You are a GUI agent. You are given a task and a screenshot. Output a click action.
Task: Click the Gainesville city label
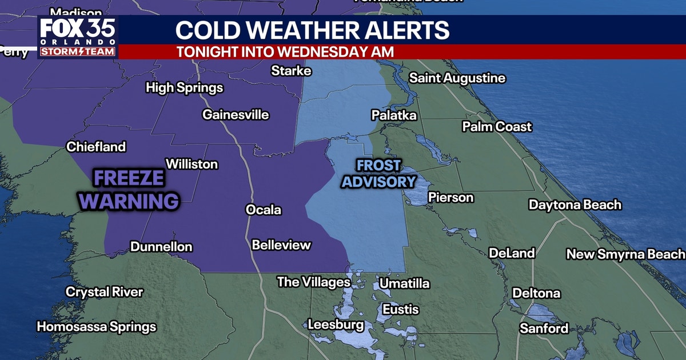(236, 115)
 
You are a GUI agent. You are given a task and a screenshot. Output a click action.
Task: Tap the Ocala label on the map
(264, 210)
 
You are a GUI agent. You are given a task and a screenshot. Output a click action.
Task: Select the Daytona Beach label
(575, 205)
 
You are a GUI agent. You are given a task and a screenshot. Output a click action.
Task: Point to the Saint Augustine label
(457, 78)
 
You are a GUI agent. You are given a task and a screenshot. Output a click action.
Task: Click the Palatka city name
(394, 115)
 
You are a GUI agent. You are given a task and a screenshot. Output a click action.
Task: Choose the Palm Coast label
(497, 127)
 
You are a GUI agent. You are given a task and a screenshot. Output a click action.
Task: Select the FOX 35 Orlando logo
(78, 38)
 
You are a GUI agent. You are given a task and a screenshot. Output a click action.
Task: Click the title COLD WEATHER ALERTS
(312, 30)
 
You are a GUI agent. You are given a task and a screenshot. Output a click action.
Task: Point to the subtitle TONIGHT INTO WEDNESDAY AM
(285, 51)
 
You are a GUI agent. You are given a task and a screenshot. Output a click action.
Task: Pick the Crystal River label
(104, 292)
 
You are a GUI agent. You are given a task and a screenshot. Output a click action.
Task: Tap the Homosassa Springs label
(97, 327)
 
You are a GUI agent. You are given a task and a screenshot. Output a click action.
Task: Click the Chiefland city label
(96, 147)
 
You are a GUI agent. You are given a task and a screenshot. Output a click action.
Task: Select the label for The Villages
(313, 282)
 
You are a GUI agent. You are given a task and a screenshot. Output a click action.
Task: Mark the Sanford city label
(544, 328)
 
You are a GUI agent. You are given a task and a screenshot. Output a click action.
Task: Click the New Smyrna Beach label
(625, 254)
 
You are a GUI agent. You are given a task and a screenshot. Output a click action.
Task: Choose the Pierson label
(451, 198)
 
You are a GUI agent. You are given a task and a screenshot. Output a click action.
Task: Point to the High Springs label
(184, 88)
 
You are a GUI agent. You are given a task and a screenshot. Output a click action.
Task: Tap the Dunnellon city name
(161, 247)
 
